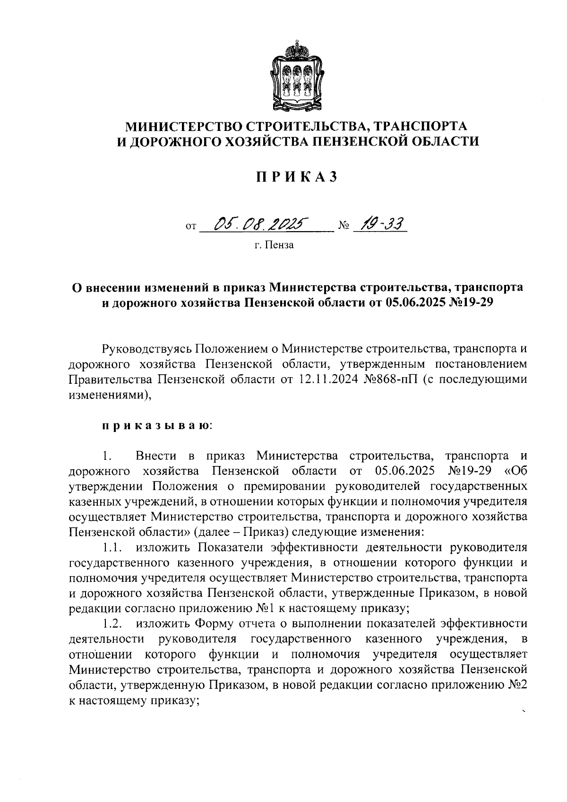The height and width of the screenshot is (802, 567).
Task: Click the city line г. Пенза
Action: [274, 245]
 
